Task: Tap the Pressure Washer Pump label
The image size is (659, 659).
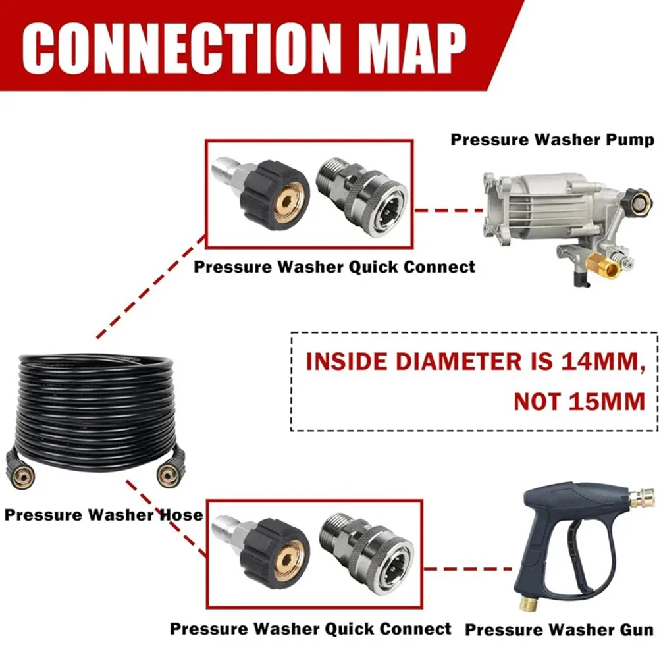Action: (552, 140)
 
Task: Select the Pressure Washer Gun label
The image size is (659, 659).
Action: (560, 629)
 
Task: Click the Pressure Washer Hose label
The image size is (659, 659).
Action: (103, 514)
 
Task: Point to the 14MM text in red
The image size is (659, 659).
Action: (604, 361)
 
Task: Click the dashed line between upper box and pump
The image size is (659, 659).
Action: (449, 210)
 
